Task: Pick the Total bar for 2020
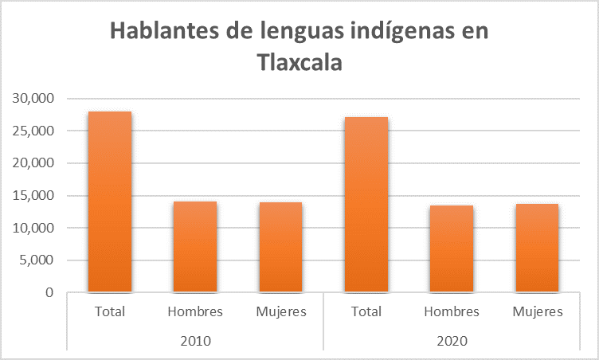366,205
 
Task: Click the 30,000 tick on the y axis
33,99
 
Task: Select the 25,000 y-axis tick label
33,131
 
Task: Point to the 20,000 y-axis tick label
33,163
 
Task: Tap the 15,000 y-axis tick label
33,196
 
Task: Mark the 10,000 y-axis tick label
33,228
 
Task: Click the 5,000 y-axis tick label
36,260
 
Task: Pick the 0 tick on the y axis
49,292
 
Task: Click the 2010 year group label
195,340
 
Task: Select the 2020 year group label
452,340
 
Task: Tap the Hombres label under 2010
195,311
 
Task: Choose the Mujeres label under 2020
537,311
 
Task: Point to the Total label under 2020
366,311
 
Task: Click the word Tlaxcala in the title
299,62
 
